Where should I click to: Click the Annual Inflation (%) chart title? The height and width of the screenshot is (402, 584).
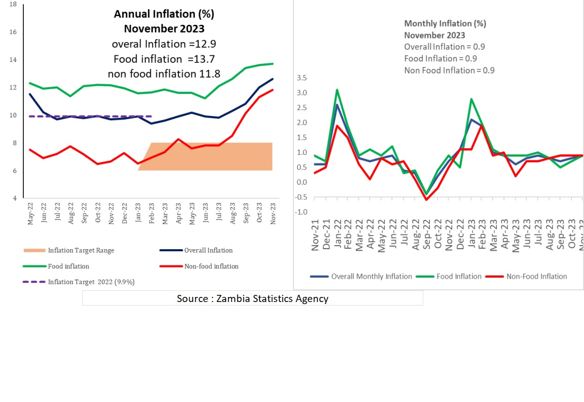pyautogui.click(x=160, y=14)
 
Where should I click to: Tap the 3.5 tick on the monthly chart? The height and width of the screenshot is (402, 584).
pyautogui.click(x=302, y=78)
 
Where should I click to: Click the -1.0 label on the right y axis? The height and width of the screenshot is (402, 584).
pyautogui.click(x=301, y=212)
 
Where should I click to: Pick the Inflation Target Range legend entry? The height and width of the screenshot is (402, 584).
pyautogui.click(x=81, y=250)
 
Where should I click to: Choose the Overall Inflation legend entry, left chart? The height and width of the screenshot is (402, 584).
pyautogui.click(x=208, y=250)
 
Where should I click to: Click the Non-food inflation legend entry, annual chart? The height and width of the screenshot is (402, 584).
pyautogui.click(x=211, y=266)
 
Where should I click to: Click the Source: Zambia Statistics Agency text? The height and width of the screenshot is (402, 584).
pyautogui.click(x=252, y=298)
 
